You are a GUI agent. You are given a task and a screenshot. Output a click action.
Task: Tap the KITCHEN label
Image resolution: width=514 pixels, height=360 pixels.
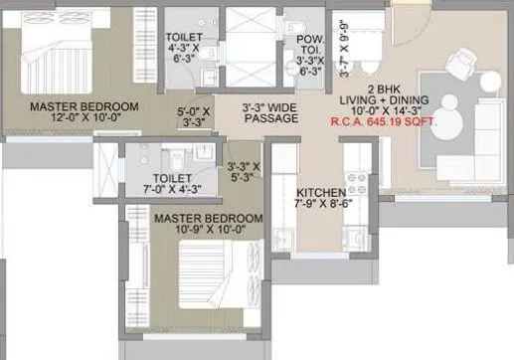(319, 191)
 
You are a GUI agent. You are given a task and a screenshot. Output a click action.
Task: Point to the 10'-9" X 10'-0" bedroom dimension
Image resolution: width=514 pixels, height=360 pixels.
(206, 229)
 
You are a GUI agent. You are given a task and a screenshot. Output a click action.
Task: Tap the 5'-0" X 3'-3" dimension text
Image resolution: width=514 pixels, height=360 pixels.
(191, 116)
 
